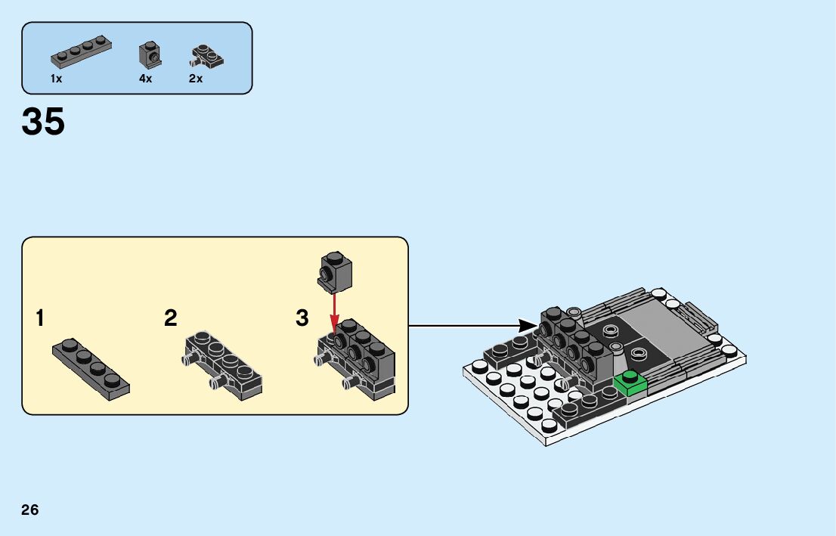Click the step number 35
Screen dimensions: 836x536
[x=44, y=122]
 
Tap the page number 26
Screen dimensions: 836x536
[x=30, y=510]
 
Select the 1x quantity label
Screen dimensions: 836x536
[x=57, y=79]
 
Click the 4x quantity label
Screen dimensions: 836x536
[x=146, y=79]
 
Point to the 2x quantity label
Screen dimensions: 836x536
[x=196, y=79]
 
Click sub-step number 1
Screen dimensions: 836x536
[x=39, y=318]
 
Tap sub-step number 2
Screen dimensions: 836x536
[x=171, y=318]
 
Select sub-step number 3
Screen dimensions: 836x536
[x=302, y=318]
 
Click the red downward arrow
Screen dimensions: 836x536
[x=335, y=311]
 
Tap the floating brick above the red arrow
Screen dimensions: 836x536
[x=336, y=271]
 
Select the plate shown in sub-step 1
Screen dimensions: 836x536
[x=91, y=368]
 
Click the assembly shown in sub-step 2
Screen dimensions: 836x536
[x=224, y=364]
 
